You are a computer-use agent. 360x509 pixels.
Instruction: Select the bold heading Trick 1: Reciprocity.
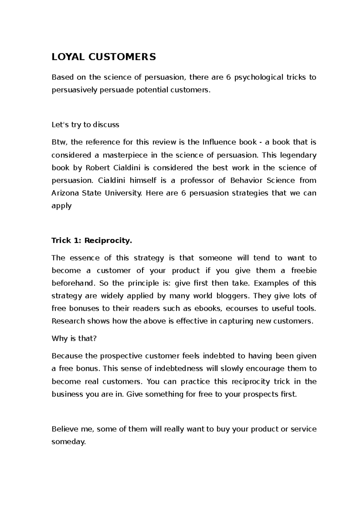(x=91, y=240)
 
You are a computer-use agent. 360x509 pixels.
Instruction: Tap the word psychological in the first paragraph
(x=258, y=77)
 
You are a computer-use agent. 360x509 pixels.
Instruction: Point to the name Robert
(x=98, y=168)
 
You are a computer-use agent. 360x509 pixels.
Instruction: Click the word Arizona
(x=65, y=193)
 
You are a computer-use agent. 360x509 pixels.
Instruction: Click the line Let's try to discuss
(x=85, y=125)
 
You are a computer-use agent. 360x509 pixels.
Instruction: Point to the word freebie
(x=304, y=271)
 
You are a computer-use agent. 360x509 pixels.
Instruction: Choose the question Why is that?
(x=74, y=339)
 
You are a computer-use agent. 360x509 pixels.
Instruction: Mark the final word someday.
(x=69, y=442)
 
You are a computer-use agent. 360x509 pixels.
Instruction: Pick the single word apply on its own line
(x=61, y=206)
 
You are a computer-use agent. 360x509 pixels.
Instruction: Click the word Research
(x=68, y=321)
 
